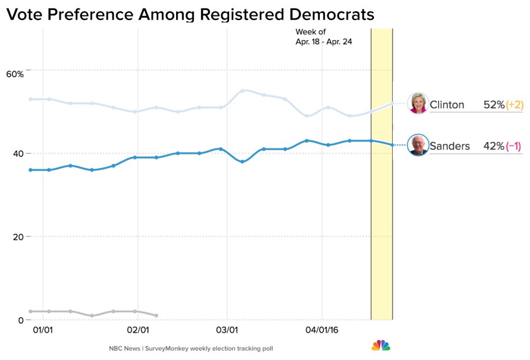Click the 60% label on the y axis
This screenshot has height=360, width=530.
click(15, 74)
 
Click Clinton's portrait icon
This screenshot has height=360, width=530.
click(418, 103)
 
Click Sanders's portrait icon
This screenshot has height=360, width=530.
click(418, 145)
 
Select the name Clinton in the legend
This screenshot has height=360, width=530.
click(447, 105)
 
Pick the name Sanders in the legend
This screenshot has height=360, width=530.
click(450, 146)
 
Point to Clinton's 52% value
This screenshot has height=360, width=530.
click(494, 105)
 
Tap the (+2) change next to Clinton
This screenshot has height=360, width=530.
click(515, 105)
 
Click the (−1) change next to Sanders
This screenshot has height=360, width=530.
click(514, 146)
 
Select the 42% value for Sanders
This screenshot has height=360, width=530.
click(494, 146)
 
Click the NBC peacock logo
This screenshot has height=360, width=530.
click(380, 345)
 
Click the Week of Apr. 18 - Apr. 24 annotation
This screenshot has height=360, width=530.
click(323, 37)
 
